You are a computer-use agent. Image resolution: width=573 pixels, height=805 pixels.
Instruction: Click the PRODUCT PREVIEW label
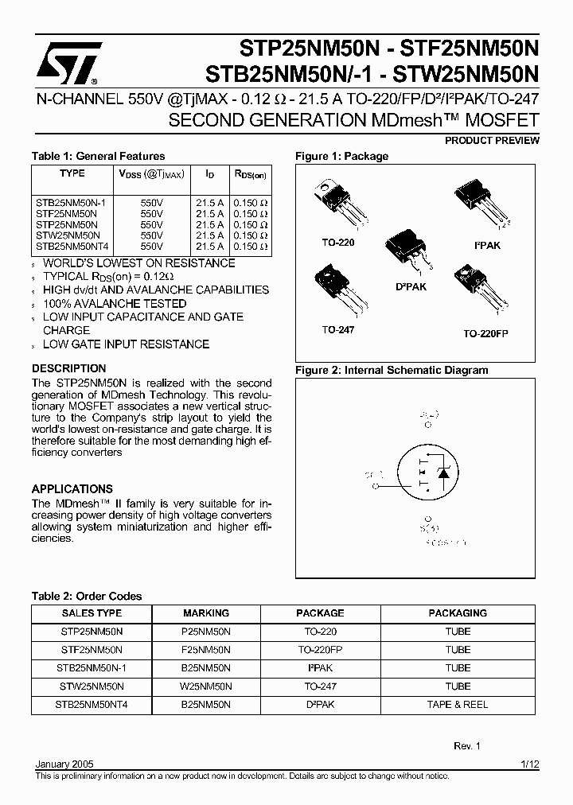tap(492, 141)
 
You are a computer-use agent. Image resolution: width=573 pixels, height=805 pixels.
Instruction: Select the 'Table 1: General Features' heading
tap(98, 157)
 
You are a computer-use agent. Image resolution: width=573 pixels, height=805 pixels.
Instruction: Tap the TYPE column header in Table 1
tap(72, 173)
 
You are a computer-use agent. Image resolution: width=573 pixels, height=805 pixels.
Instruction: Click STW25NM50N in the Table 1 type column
tap(68, 235)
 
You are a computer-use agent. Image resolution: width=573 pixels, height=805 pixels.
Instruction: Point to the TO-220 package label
tap(338, 243)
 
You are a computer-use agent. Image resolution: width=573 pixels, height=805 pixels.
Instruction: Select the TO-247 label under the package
tap(337, 329)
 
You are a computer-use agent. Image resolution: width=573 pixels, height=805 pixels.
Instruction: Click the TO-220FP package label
tap(485, 334)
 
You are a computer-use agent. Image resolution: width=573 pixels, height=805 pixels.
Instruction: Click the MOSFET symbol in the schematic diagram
tap(430, 476)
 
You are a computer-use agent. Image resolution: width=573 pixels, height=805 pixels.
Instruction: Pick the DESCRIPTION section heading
tap(68, 369)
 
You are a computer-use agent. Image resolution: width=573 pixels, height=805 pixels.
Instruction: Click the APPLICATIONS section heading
tap(72, 489)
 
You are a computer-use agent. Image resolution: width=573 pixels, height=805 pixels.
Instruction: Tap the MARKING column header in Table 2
tap(206, 613)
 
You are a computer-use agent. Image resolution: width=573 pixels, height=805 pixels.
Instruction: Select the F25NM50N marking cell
tap(206, 650)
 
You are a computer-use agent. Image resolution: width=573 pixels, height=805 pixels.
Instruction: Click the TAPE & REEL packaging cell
tap(458, 705)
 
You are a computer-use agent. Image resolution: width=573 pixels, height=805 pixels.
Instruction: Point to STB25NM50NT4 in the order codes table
tap(92, 705)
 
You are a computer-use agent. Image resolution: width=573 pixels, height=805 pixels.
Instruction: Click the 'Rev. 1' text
tap(467, 746)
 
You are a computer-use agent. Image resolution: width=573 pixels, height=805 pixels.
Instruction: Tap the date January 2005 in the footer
tap(64, 764)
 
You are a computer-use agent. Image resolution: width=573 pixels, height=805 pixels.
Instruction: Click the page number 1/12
tap(530, 764)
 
